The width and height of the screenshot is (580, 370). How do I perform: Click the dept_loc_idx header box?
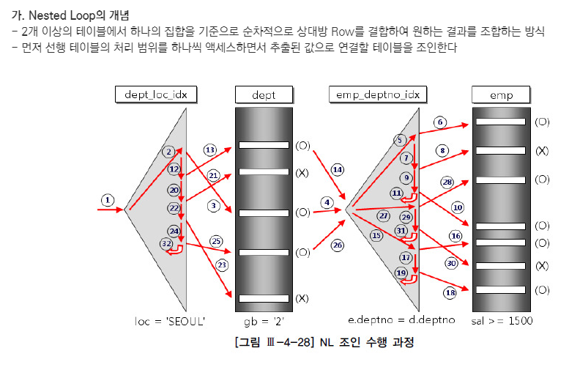[156, 95]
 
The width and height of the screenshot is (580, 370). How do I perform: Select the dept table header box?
[264, 95]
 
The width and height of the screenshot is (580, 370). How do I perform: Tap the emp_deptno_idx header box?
[379, 95]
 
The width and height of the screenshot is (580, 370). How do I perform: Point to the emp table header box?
[501, 95]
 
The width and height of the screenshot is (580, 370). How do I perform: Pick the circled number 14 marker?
[338, 169]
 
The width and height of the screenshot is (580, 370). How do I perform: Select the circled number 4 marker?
[327, 201]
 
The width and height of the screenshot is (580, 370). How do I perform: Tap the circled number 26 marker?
[337, 245]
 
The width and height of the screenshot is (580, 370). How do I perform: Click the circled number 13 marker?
[210, 150]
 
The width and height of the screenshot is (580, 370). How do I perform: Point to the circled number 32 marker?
[167, 244]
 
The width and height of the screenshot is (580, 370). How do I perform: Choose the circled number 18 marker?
[450, 292]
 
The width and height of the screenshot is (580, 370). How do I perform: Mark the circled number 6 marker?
[440, 122]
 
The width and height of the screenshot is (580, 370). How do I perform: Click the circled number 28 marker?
[447, 181]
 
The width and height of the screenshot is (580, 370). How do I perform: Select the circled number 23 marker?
[222, 264]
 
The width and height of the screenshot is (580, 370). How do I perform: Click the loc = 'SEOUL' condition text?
[170, 321]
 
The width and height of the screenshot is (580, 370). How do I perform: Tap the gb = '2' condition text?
[263, 321]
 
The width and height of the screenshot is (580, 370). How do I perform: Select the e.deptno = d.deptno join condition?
[401, 321]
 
